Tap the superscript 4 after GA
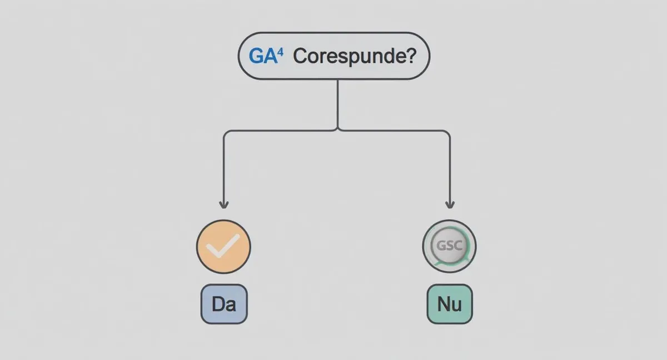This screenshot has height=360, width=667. (280, 53)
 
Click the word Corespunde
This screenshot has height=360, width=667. (347, 57)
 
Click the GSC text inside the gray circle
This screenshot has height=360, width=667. (449, 246)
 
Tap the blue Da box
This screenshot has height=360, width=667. (224, 304)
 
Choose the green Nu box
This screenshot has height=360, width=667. (450, 304)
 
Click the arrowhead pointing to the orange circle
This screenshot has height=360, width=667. (224, 204)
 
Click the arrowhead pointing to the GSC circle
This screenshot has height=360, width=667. (450, 204)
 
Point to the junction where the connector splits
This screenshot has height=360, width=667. (337, 130)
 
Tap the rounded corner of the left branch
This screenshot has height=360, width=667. (226, 132)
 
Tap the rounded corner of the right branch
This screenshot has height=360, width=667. (448, 132)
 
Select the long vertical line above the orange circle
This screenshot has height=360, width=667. (224, 169)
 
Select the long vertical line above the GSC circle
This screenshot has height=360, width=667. (450, 169)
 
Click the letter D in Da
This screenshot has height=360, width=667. (218, 304)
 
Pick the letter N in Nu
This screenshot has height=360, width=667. (444, 304)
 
